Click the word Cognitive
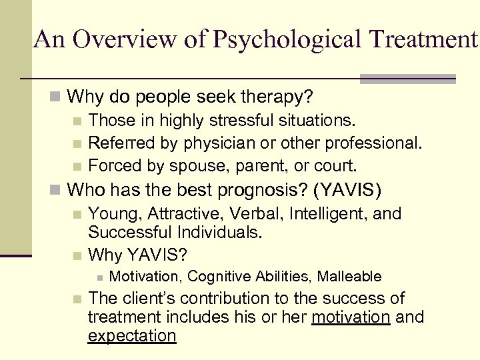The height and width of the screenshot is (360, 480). pyautogui.click(x=218, y=276)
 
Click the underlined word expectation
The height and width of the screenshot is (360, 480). pyautogui.click(x=132, y=335)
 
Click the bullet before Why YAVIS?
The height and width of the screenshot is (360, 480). pyautogui.click(x=77, y=255)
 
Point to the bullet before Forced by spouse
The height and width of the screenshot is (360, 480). pyautogui.click(x=77, y=165)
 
